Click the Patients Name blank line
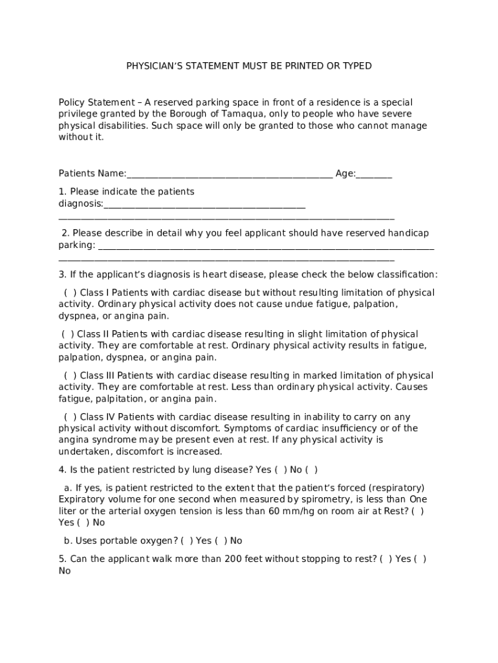[230, 174]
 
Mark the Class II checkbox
[68, 334]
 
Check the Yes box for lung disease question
[281, 470]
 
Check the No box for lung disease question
[312, 470]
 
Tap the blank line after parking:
[265, 246]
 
